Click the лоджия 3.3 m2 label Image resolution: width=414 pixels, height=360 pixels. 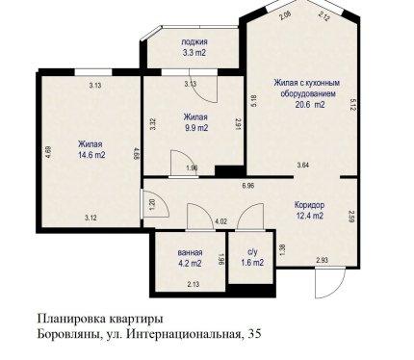point(194,47)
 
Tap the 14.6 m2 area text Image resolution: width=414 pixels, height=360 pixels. point(91,155)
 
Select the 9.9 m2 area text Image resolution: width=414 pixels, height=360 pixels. point(196,128)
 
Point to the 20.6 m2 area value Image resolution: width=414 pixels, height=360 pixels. point(310,105)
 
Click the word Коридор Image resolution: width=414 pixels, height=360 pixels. point(309,205)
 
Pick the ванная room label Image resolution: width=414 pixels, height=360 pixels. point(190,252)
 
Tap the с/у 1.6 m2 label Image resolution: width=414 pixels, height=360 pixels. point(252,257)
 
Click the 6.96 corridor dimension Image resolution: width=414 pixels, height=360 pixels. point(248,186)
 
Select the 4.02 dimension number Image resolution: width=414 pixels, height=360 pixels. point(220,221)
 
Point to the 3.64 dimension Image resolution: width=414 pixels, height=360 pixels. point(303,166)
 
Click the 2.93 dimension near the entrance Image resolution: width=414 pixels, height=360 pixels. point(322,260)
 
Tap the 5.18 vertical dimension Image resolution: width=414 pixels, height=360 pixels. point(253,100)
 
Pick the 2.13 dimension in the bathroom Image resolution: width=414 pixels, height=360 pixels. point(194,284)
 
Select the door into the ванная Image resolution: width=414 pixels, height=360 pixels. point(200,217)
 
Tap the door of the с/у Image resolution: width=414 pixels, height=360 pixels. point(250,217)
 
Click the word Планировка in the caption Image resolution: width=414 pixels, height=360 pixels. point(72,320)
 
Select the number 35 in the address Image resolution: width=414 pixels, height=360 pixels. point(254,334)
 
